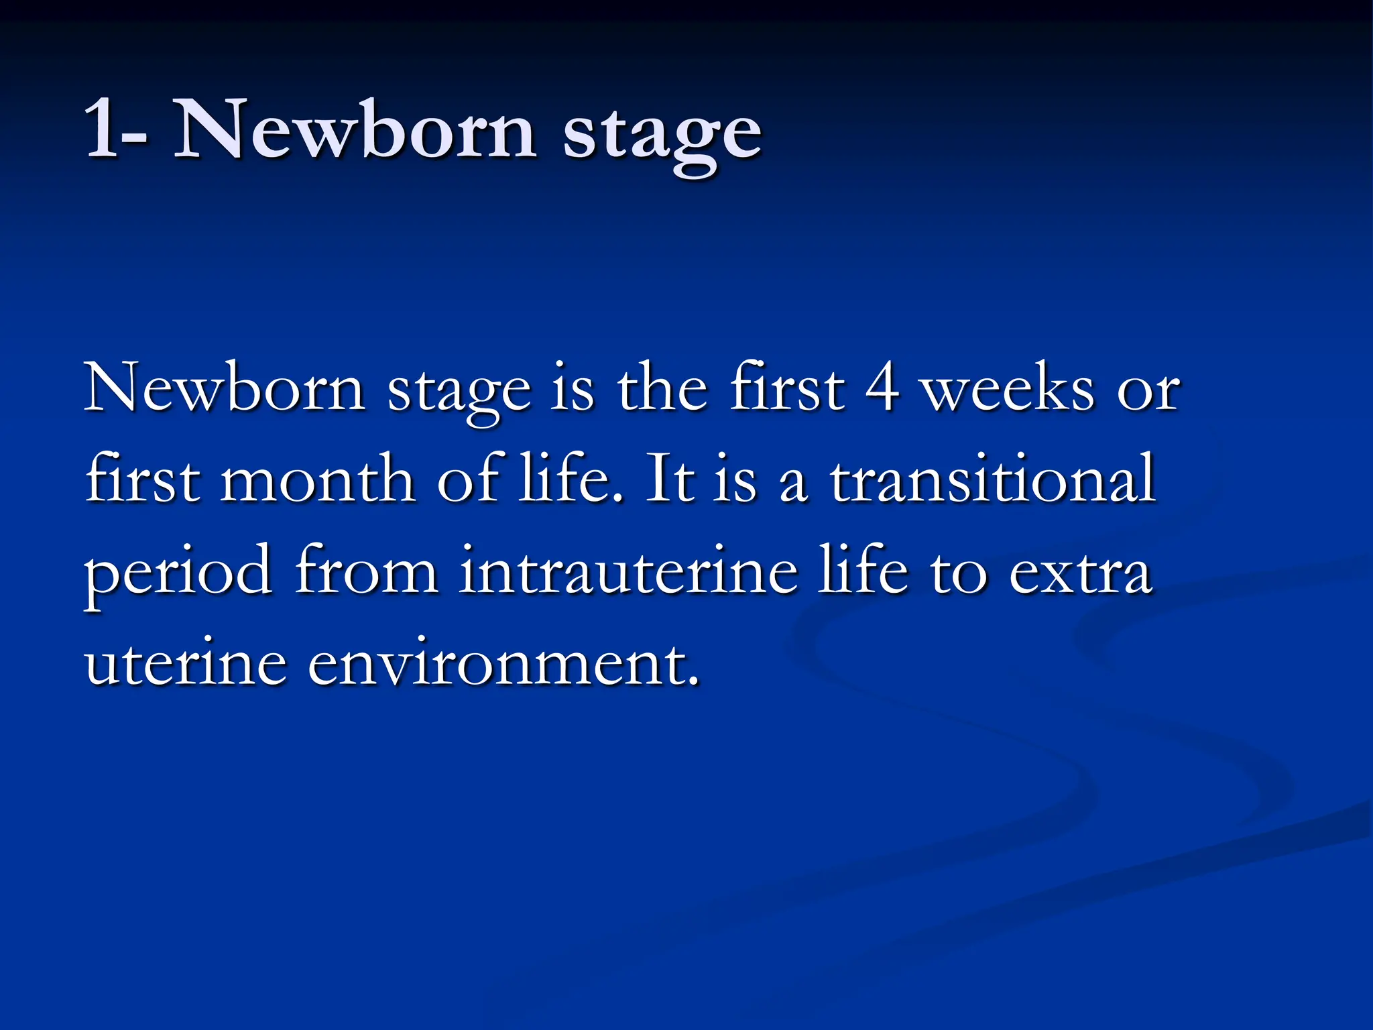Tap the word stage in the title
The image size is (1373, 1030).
tap(662, 134)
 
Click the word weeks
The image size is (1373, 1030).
tap(1009, 389)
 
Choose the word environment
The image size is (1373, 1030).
tap(503, 663)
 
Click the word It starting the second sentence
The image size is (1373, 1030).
tap(669, 478)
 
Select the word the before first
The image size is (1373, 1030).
tap(662, 389)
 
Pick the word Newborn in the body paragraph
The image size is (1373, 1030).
tap(224, 389)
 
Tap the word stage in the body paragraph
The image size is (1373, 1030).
tap(459, 392)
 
